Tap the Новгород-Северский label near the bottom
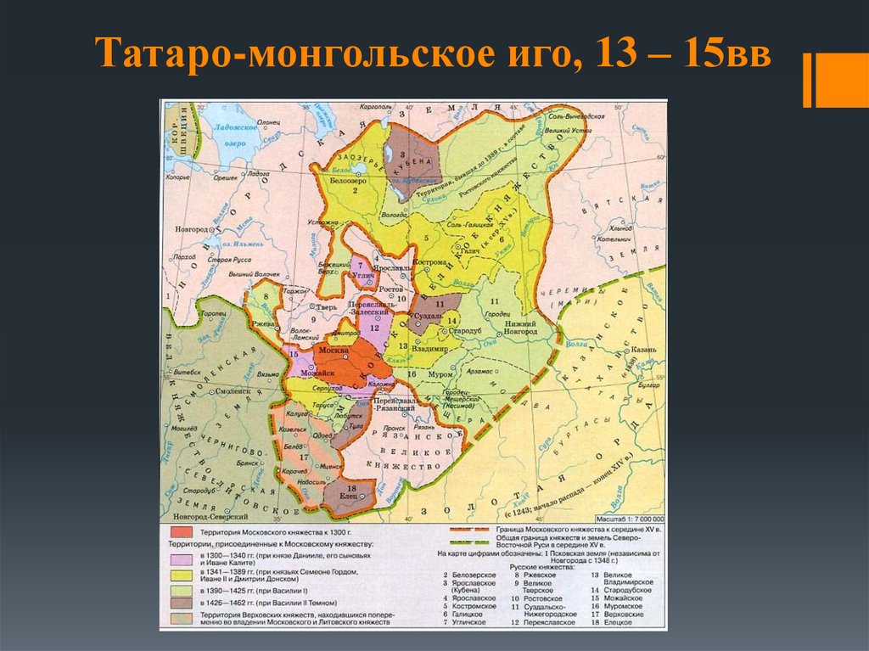point(209,516)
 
